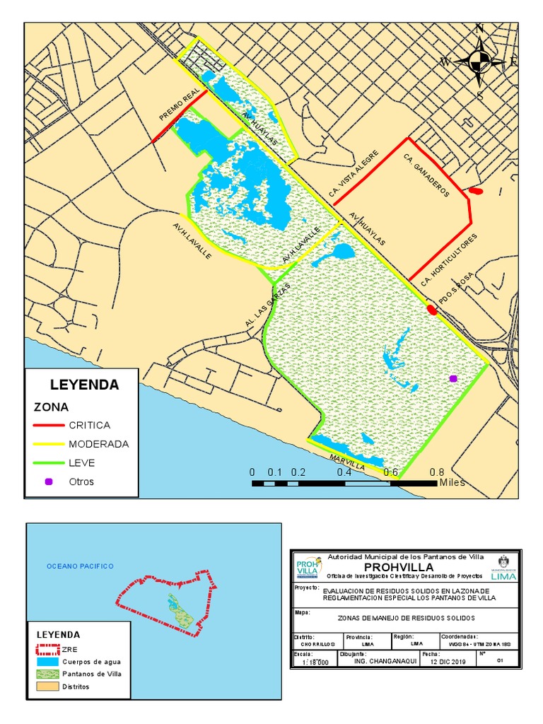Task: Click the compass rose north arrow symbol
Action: point(479,61)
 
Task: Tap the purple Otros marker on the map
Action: point(452,379)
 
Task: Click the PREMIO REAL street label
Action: point(181,107)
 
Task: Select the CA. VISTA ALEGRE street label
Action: point(354,174)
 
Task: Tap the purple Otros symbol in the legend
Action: point(48,481)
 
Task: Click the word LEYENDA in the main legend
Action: point(84,385)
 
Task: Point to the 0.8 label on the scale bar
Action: point(437,472)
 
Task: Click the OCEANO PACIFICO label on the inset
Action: point(80,566)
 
